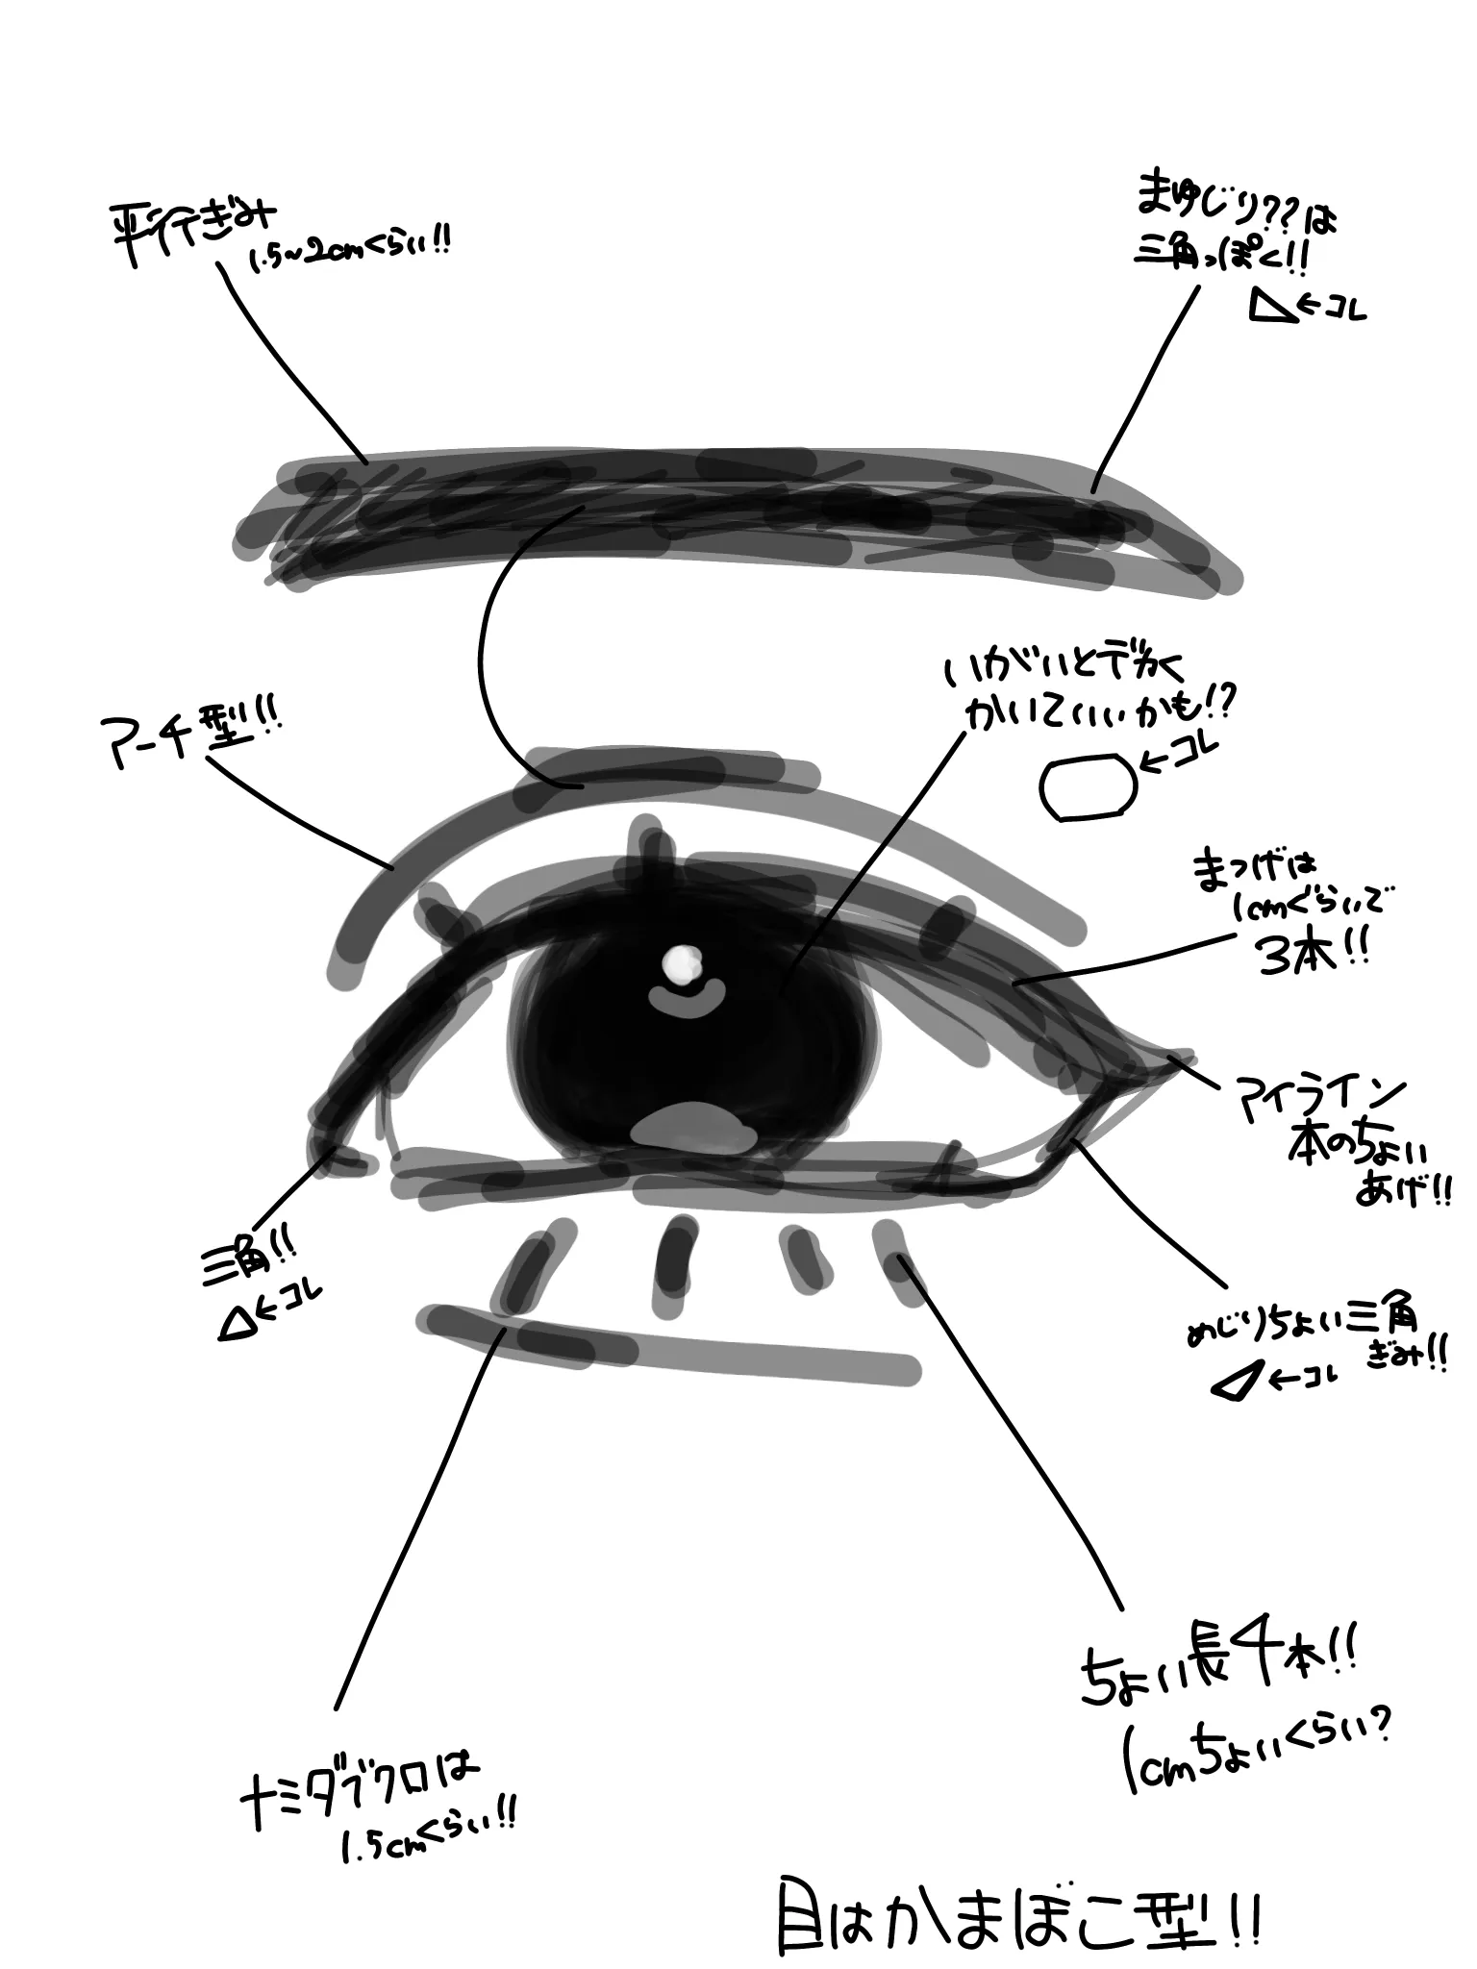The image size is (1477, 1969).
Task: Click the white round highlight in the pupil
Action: coord(684,962)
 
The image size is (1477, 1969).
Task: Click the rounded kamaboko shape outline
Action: coord(1088,787)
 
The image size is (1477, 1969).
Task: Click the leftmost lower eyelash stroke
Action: coord(524,1265)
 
